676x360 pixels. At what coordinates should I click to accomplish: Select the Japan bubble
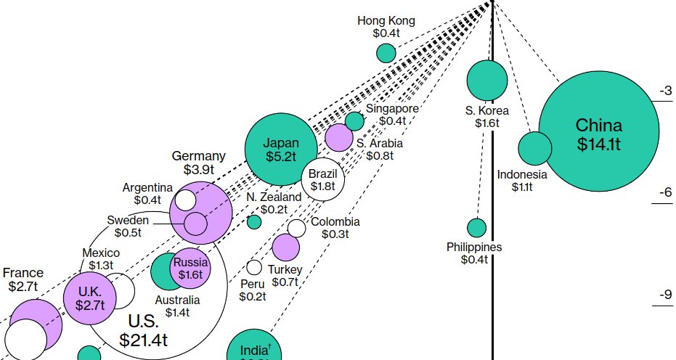click(280, 149)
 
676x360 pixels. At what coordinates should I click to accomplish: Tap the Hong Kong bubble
click(386, 53)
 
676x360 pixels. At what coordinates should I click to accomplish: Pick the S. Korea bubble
click(486, 80)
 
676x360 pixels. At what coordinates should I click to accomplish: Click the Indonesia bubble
click(535, 149)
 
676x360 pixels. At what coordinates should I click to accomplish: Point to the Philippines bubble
click(476, 228)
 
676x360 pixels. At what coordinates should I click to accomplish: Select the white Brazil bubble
click(322, 179)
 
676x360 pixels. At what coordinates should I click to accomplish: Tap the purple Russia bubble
click(190, 269)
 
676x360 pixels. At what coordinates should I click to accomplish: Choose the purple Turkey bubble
click(285, 247)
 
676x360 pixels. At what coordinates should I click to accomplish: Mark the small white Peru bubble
click(254, 268)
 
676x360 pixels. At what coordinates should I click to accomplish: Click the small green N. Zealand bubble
click(254, 221)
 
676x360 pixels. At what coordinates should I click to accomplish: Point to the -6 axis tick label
click(664, 193)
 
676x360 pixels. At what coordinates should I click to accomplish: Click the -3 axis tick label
click(664, 91)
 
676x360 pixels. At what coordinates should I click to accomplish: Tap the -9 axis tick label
click(664, 295)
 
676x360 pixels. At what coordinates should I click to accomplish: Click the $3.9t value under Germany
click(198, 170)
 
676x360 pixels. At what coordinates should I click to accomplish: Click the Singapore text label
click(392, 108)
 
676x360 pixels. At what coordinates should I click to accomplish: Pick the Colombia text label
click(335, 222)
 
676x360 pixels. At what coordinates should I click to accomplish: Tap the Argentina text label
click(147, 187)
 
